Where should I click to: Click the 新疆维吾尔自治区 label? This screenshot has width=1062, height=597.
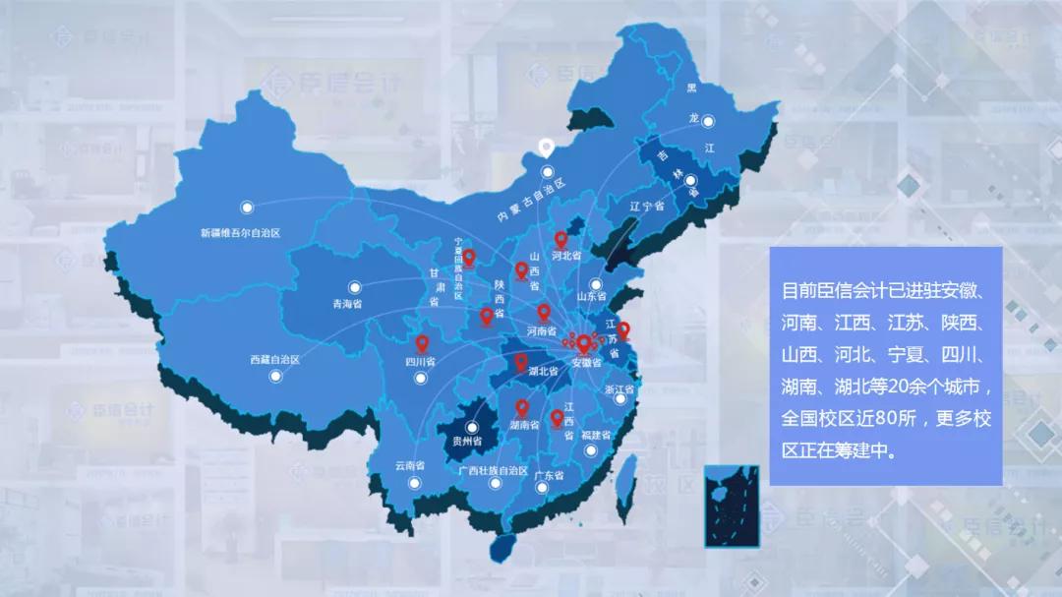[241, 233]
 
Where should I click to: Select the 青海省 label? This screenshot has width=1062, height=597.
[347, 304]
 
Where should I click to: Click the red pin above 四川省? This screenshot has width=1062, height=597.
[423, 343]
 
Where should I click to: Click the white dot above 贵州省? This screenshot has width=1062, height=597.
[473, 428]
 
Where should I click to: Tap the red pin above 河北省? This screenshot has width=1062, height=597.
[561, 239]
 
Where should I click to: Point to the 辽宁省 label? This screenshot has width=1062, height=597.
[648, 206]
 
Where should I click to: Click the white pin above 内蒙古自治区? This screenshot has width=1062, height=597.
[544, 148]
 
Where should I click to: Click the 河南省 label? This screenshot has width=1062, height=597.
[542, 331]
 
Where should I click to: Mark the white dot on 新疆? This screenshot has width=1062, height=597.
[247, 208]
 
